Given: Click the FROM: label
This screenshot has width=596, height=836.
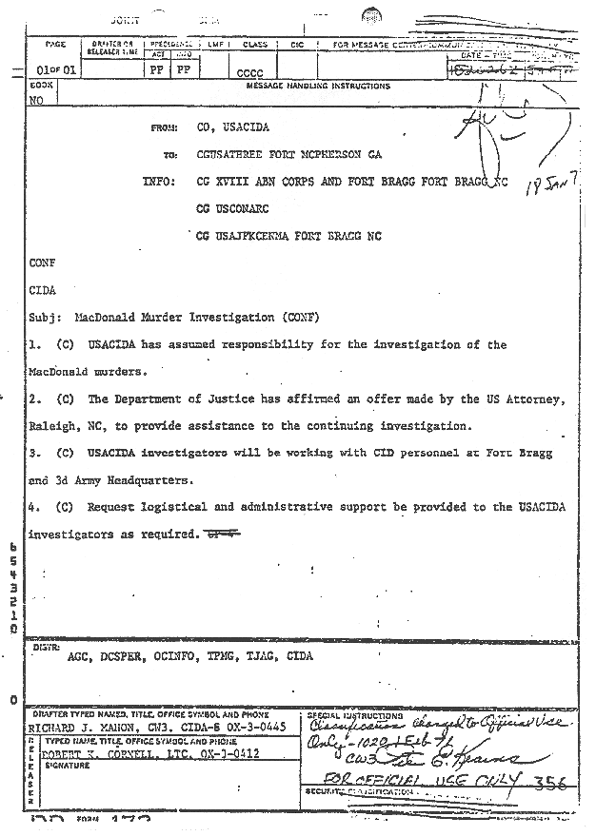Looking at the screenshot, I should [x=166, y=127].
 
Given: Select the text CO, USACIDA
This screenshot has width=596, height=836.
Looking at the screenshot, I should [x=231, y=127].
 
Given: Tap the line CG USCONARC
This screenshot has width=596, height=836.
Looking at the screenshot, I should [x=235, y=207].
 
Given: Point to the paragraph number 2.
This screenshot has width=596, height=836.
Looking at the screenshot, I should [x=33, y=399].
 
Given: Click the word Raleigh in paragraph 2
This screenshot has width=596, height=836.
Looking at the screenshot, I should [x=56, y=426].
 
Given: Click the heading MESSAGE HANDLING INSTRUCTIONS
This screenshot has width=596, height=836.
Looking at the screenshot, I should [x=317, y=86].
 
